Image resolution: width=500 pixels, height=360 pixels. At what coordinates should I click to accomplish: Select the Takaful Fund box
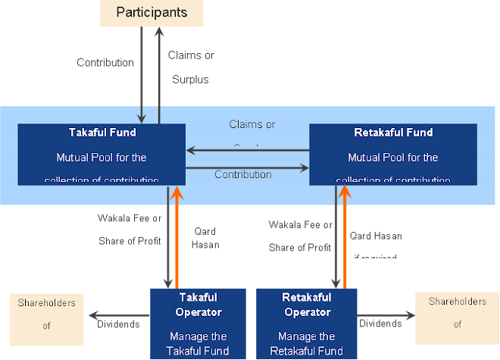pyautogui.click(x=102, y=155)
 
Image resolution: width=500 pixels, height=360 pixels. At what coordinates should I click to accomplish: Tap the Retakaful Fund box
pyautogui.click(x=392, y=155)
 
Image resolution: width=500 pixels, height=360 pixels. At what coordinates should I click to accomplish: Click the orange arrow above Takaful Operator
pyautogui.click(x=177, y=235)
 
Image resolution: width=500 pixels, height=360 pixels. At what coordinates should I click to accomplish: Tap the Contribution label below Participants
pyautogui.click(x=105, y=62)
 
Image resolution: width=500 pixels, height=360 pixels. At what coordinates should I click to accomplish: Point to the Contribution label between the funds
pyautogui.click(x=242, y=174)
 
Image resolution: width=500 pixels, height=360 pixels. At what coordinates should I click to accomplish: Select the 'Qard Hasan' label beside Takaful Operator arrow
pyautogui.click(x=205, y=239)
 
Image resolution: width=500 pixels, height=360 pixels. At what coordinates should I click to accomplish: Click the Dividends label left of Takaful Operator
pyautogui.click(x=118, y=324)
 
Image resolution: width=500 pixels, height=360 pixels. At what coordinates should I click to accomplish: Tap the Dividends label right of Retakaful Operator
pyautogui.click(x=380, y=324)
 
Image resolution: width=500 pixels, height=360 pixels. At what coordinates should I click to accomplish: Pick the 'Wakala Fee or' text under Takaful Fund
pyautogui.click(x=130, y=219)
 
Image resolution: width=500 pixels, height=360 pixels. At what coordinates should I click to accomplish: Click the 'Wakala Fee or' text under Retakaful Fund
pyautogui.click(x=300, y=225)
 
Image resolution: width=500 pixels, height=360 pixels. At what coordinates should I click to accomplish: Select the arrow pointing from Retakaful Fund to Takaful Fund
pyautogui.click(x=247, y=149)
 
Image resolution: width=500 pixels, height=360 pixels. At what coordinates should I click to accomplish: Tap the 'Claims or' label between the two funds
pyautogui.click(x=252, y=124)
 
